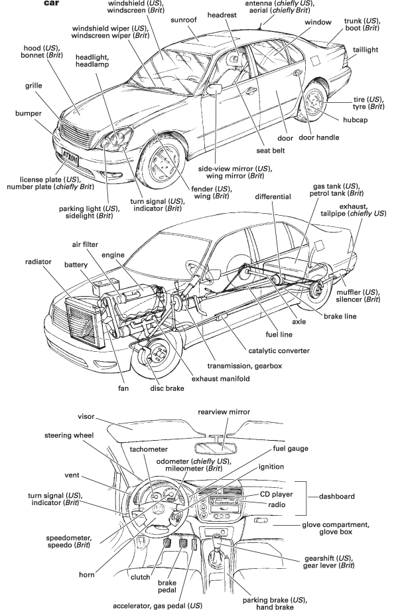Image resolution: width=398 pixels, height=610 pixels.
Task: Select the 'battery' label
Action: (76, 264)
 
